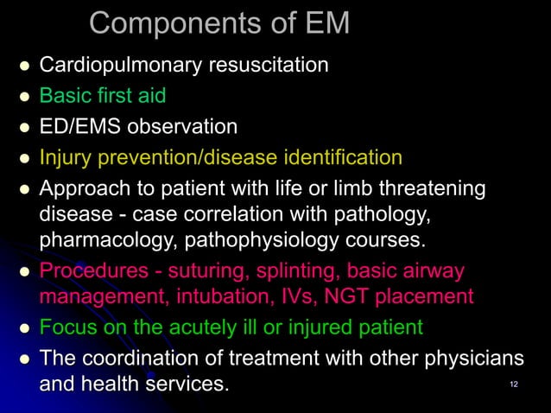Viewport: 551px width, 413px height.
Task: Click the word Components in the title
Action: pos(163,23)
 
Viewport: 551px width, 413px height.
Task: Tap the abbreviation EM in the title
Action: pos(321,23)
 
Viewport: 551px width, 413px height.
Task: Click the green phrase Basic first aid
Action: pos(103,95)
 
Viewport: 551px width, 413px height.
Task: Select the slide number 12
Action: pos(514,384)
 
